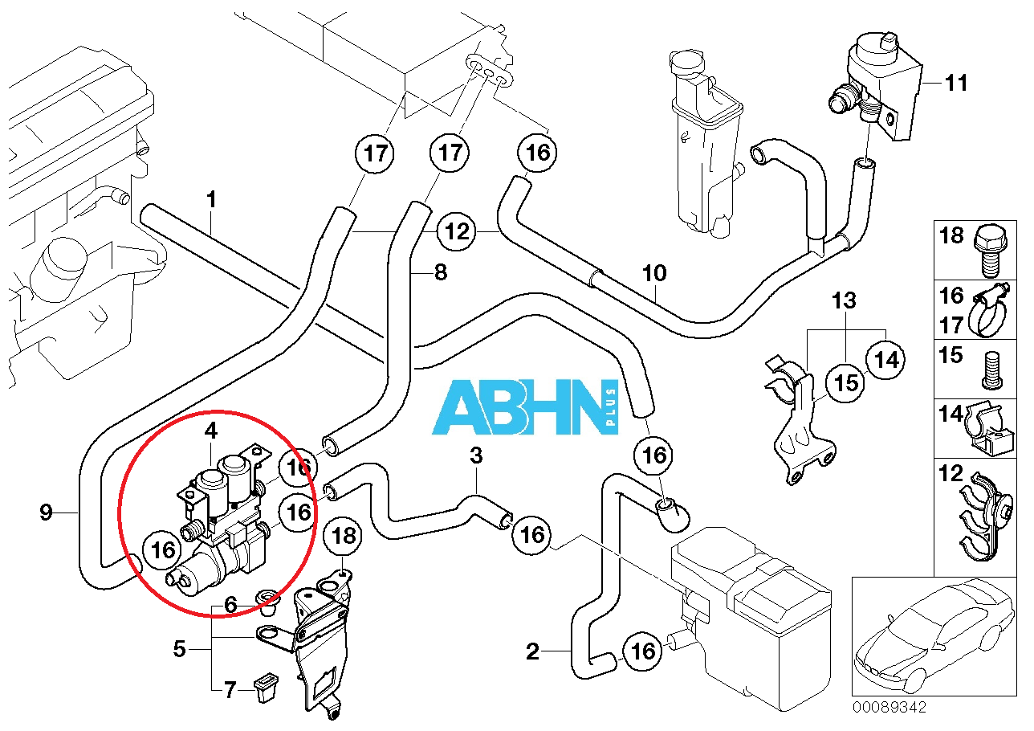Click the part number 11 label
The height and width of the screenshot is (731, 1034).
[956, 83]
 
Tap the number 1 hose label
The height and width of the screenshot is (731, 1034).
[211, 199]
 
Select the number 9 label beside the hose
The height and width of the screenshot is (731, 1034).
[46, 512]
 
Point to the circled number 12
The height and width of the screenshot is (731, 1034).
[456, 232]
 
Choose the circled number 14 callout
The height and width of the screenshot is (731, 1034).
[886, 360]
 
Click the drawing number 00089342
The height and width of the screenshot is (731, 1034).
[889, 708]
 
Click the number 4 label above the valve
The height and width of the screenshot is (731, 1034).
[211, 431]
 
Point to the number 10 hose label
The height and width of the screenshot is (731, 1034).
[654, 273]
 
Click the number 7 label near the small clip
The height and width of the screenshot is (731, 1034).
[230, 689]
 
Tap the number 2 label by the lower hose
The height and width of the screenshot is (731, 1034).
[533, 651]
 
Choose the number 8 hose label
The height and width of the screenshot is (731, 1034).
[439, 272]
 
